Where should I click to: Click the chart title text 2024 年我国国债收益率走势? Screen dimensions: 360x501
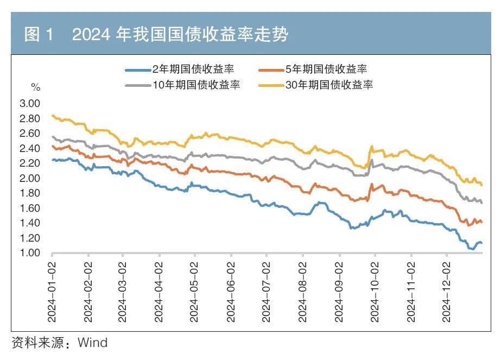click(x=180, y=35)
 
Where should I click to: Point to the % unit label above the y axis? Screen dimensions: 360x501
click(x=35, y=87)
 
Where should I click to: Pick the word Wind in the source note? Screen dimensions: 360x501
click(x=93, y=343)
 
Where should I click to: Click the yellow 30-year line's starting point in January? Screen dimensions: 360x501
click(x=52, y=115)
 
